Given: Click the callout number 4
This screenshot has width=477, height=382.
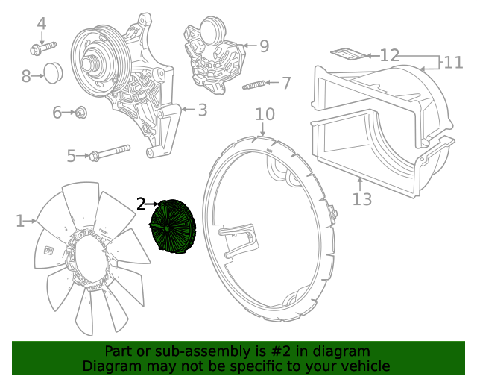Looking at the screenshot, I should [x=42, y=23].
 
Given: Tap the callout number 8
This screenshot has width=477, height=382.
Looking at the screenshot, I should [x=27, y=75].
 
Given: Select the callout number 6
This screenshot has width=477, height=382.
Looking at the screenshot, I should [x=57, y=113].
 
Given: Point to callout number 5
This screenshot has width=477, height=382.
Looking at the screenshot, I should [x=72, y=156].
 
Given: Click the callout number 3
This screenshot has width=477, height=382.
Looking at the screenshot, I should [x=202, y=110].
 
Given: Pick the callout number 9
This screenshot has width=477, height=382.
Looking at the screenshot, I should [x=263, y=46].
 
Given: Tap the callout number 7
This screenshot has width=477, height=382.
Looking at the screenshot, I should [x=286, y=82].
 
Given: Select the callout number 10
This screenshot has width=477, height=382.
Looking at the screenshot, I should [x=265, y=114].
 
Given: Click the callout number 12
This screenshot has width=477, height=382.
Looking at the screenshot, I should [x=390, y=55].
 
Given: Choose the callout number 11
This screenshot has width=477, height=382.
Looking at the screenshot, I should [x=454, y=62].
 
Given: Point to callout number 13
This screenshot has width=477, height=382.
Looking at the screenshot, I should [x=361, y=199].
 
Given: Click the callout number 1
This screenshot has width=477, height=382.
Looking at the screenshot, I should [x=20, y=221].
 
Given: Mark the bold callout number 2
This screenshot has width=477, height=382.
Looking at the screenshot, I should [x=142, y=204].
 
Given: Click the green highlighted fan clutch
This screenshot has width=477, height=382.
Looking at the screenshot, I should [x=172, y=227].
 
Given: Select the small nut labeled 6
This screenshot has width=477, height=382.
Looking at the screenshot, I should [x=82, y=113].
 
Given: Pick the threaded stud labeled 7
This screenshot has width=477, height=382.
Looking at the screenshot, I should [x=254, y=84].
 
